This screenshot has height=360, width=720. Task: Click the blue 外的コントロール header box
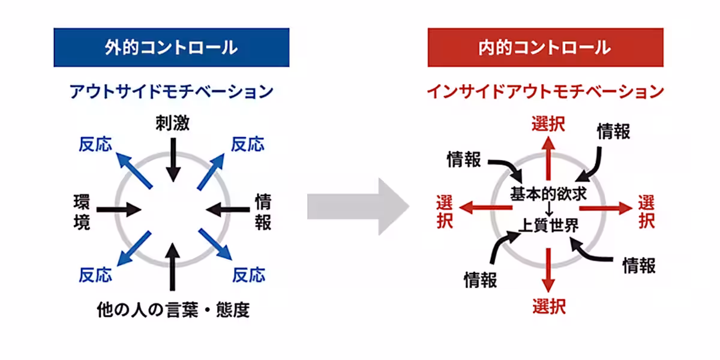(171, 47)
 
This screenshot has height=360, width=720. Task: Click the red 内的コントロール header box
(545, 47)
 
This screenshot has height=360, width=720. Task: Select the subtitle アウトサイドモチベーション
(171, 92)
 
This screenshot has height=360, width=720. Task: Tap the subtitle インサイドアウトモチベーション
(545, 92)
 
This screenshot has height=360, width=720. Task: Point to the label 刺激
(172, 124)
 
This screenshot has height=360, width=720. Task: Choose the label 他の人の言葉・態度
(173, 310)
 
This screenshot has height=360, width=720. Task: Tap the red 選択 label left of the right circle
(445, 211)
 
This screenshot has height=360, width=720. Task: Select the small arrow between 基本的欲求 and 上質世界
(548, 209)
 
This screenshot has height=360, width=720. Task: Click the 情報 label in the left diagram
(263, 211)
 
